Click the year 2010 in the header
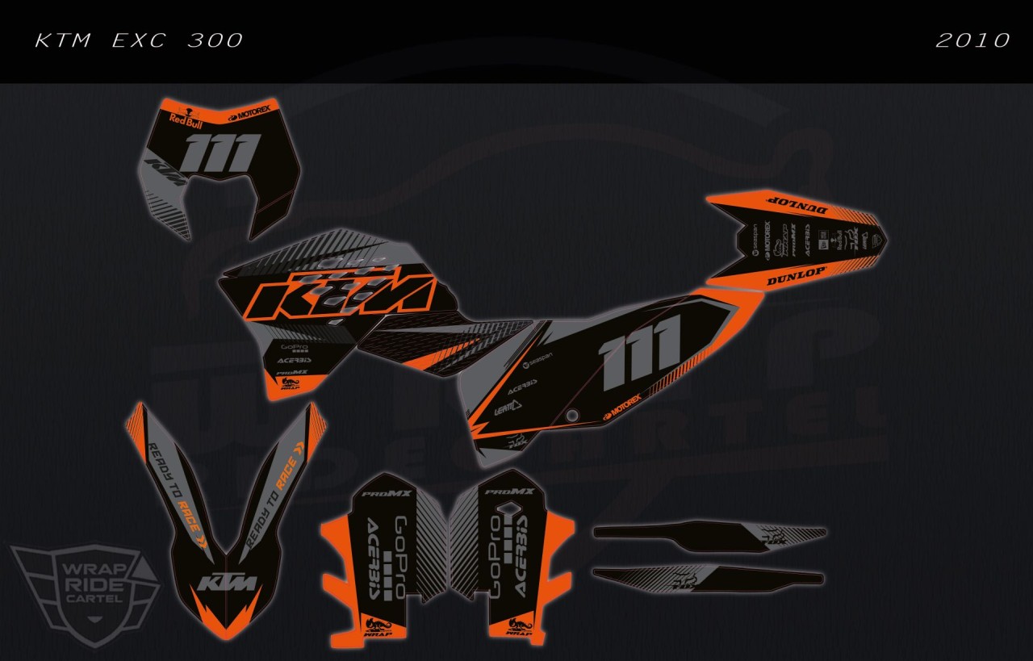972,40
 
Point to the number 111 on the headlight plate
222,153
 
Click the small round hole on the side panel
572,416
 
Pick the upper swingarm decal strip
710,537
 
